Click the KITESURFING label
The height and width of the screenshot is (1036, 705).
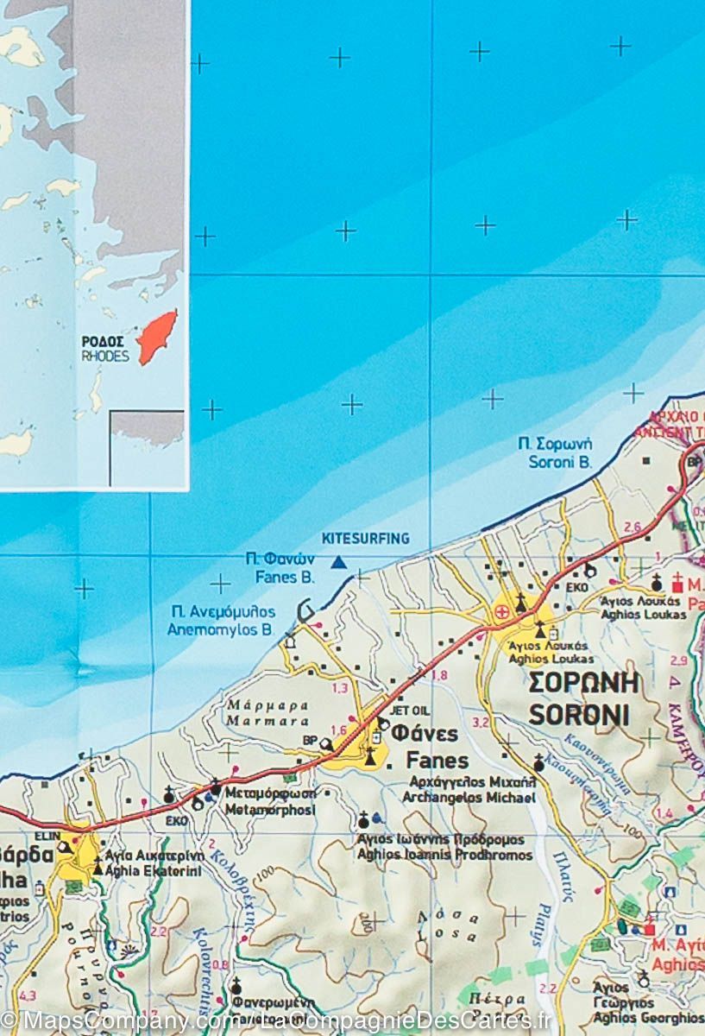point(365,539)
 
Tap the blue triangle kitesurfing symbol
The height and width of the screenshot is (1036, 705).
point(339,562)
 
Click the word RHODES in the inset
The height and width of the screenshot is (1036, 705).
point(104,357)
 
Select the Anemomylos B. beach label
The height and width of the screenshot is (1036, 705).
point(222,630)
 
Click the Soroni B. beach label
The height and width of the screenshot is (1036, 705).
point(559,462)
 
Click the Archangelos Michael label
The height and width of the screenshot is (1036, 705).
point(469,798)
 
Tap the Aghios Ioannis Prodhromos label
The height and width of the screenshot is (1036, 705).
point(444,855)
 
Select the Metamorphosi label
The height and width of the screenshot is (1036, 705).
point(269,810)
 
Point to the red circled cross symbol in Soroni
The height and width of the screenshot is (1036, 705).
point(501,612)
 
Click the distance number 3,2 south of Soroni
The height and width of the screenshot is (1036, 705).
point(481,722)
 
